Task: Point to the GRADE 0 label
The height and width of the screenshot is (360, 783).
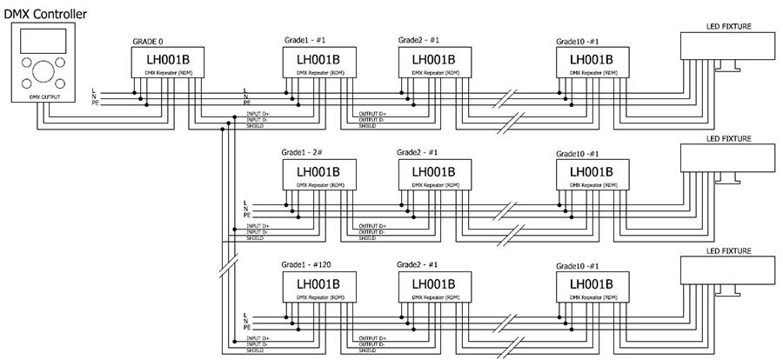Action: [x=147, y=41]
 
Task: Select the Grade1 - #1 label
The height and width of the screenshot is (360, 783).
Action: [x=306, y=41]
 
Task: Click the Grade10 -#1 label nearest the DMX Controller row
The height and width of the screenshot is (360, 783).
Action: [x=582, y=41]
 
